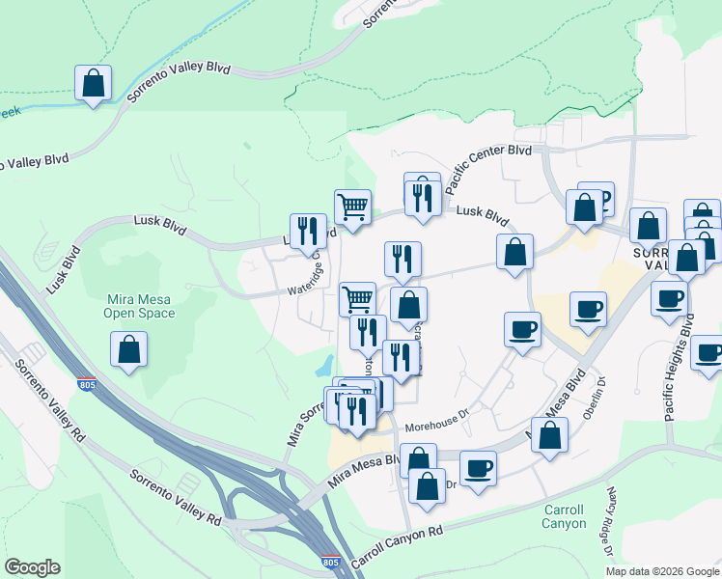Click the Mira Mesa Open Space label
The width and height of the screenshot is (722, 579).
[140, 306]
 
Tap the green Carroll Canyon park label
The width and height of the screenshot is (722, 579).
[564, 516]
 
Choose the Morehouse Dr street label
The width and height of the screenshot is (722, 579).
[436, 423]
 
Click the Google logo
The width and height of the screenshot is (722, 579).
[32, 567]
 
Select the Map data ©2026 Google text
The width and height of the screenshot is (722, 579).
[661, 571]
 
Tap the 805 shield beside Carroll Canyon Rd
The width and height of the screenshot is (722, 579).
[329, 561]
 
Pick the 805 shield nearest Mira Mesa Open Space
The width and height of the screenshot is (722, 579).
[87, 383]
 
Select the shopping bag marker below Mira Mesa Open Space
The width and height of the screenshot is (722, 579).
[128, 349]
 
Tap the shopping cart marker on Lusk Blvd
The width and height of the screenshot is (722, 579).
[352, 207]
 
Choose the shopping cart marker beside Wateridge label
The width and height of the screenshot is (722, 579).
[358, 299]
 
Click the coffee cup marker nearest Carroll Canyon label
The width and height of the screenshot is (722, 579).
[478, 470]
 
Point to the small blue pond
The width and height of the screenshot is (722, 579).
[324, 366]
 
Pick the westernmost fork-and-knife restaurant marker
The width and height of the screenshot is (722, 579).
[308, 230]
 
